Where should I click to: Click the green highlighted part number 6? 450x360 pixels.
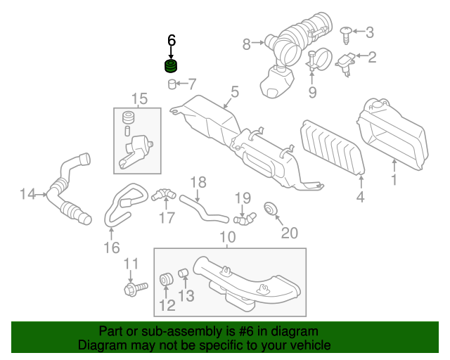tap(171, 67)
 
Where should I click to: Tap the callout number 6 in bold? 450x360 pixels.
tap(171, 41)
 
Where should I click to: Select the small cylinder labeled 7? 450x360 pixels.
tap(172, 85)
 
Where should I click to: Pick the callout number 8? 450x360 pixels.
tap(247, 44)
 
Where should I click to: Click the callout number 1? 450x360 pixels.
tap(394, 181)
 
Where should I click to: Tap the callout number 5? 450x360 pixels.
tap(235, 91)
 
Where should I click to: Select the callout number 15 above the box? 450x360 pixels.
tap(139, 98)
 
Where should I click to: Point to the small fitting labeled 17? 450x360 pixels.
tap(165, 194)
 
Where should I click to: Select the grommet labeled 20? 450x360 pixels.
tap(269, 209)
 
